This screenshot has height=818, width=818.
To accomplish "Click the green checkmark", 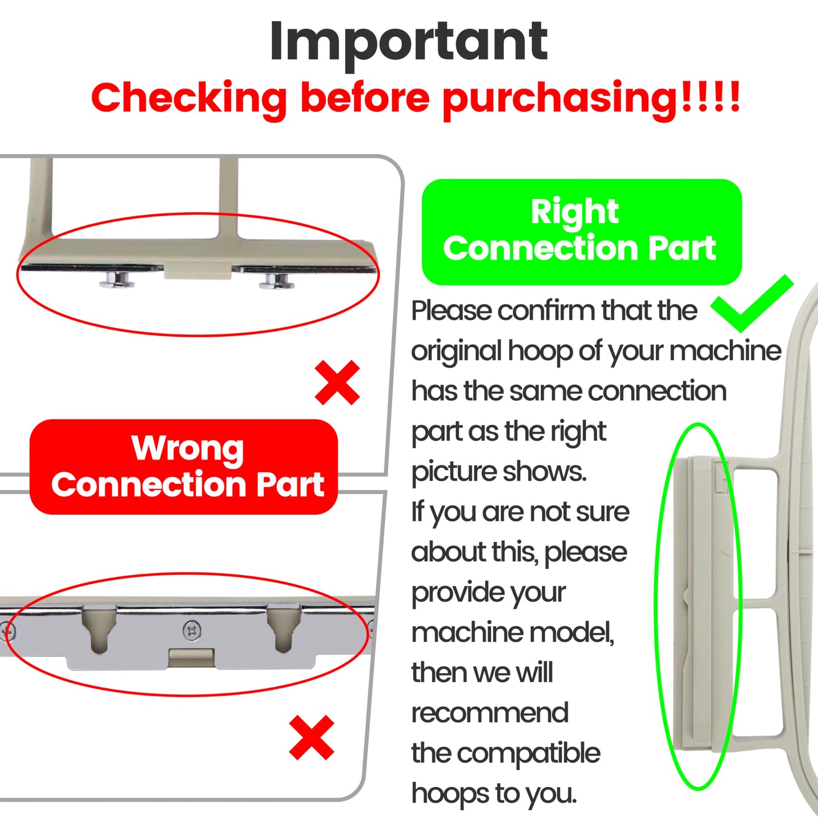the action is [x=752, y=303].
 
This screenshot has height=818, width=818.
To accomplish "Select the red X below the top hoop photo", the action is [x=337, y=383].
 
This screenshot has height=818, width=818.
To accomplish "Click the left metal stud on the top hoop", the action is [x=117, y=280].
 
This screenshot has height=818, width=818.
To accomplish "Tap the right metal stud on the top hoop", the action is [x=276, y=280].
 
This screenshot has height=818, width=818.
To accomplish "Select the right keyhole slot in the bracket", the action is [x=284, y=628].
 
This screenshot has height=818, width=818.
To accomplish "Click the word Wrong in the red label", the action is [x=187, y=448].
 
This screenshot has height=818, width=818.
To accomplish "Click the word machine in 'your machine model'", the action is [x=469, y=632].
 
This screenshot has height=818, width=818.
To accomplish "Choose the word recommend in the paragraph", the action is [x=490, y=713].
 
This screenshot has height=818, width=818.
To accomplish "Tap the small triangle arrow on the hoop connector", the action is [x=726, y=551].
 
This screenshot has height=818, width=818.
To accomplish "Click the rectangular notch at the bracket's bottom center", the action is [x=191, y=657].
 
